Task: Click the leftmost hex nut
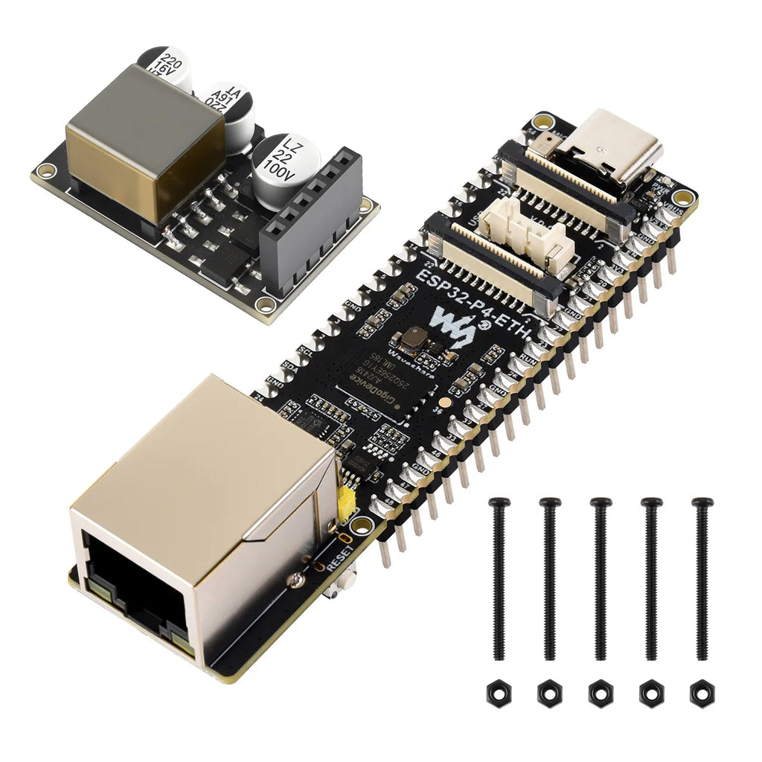[x=498, y=693]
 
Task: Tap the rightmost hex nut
[x=702, y=693]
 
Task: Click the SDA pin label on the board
[x=291, y=366]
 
